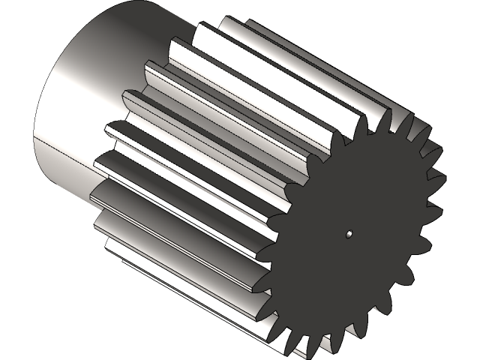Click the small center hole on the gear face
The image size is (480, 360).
click(x=349, y=234)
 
